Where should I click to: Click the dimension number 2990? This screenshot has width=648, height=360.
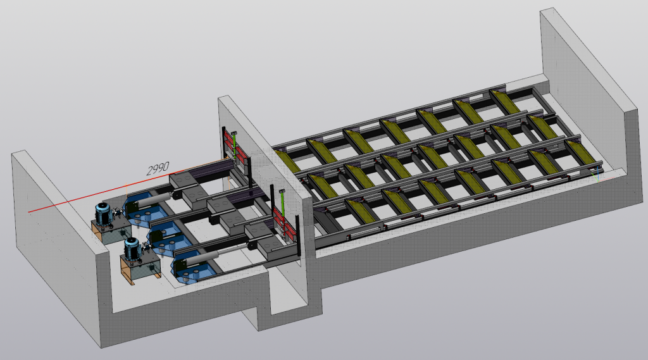coord(158,168)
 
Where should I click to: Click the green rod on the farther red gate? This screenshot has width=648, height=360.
coord(234,147)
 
